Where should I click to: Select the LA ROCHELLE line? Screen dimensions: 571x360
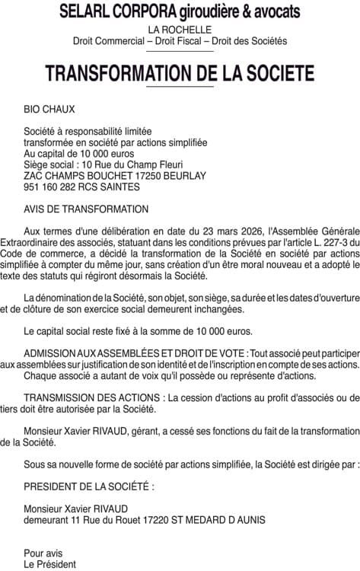pos(180,29)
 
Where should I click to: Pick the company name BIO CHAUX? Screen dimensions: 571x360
pos(49,110)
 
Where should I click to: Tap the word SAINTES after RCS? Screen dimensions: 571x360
pos(119,187)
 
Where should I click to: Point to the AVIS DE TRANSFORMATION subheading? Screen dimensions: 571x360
pos(86,209)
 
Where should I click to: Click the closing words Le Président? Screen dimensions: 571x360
pos(50,564)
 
